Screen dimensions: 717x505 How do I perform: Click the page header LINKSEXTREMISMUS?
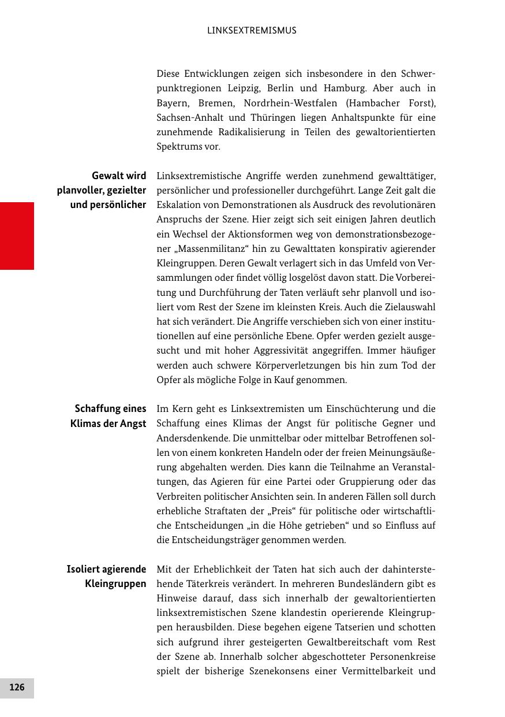[x=252, y=31]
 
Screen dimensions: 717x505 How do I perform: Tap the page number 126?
[x=17, y=687]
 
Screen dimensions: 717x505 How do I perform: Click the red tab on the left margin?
[x=17, y=236]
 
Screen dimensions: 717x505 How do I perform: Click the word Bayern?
[x=173, y=103]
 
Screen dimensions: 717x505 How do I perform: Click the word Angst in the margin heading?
[x=133, y=423]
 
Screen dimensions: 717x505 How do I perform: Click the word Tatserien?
[x=315, y=627]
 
